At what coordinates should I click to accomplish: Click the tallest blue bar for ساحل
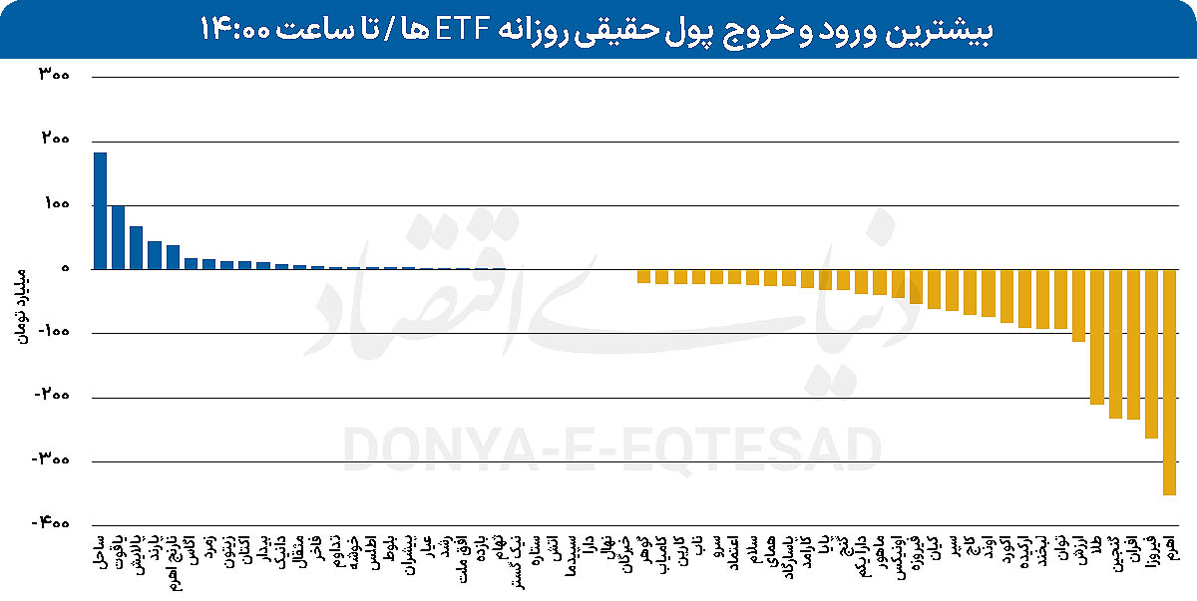click(x=100, y=211)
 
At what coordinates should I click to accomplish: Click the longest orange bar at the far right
click(x=1169, y=382)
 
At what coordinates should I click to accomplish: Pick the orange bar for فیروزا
click(x=1151, y=354)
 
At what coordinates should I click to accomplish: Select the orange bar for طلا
click(x=1097, y=337)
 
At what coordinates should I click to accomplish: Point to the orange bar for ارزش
click(x=1078, y=306)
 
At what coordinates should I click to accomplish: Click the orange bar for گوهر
click(x=643, y=276)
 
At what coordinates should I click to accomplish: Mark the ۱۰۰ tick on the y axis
click(x=53, y=205)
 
